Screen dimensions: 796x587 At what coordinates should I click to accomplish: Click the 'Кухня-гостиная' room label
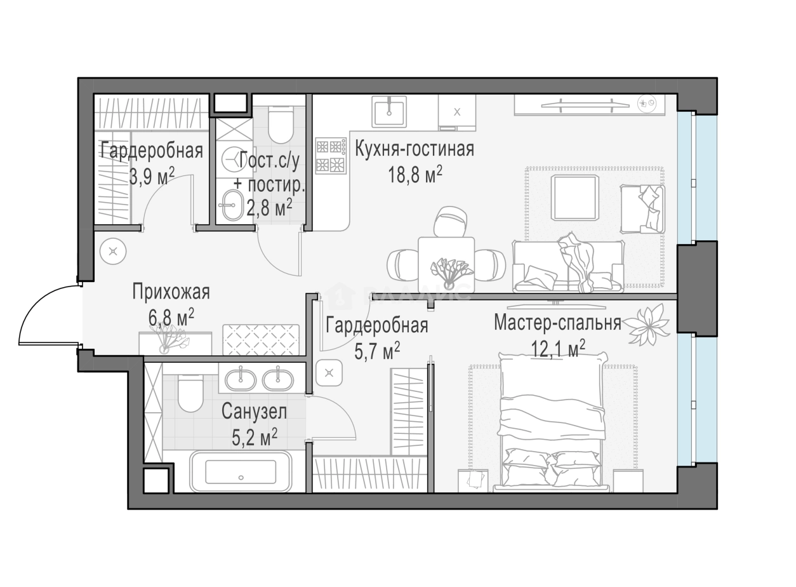click(x=415, y=149)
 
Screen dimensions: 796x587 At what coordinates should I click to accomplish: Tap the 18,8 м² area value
click(x=415, y=174)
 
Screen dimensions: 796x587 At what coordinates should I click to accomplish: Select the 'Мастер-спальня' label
click(x=557, y=323)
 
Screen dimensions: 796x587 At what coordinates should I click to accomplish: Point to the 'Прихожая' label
click(x=171, y=293)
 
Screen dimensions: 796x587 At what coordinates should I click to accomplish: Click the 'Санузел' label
click(x=254, y=412)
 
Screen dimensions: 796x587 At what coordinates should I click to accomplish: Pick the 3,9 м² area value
click(x=152, y=176)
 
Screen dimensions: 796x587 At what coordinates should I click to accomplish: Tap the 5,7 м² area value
click(x=377, y=351)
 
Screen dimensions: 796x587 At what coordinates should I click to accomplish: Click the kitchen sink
click(x=389, y=111)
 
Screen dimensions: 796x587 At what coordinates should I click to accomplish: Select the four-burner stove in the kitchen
click(x=331, y=156)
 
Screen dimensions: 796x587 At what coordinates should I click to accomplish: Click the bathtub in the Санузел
click(x=241, y=471)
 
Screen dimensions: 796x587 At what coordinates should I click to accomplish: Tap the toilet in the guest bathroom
click(x=281, y=125)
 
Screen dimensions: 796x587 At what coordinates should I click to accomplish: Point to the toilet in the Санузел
click(x=190, y=393)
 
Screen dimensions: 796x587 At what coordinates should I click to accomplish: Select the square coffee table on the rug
click(x=574, y=198)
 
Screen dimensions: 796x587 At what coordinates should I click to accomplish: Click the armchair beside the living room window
click(x=642, y=209)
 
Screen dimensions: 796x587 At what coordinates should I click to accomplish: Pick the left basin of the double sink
click(x=241, y=380)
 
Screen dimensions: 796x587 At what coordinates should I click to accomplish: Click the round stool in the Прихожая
click(x=113, y=252)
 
